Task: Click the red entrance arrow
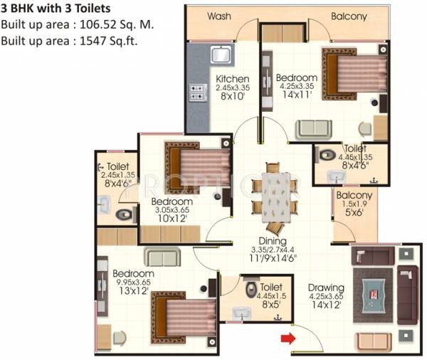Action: (x=287, y=338)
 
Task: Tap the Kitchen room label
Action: (x=233, y=78)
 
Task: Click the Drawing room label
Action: (x=326, y=287)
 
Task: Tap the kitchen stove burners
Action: (x=195, y=95)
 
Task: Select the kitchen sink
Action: (x=218, y=54)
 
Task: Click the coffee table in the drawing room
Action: (x=376, y=293)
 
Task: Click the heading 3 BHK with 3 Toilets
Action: (x=55, y=9)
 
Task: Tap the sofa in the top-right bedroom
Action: (x=313, y=129)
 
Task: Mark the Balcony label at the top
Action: (x=349, y=16)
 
